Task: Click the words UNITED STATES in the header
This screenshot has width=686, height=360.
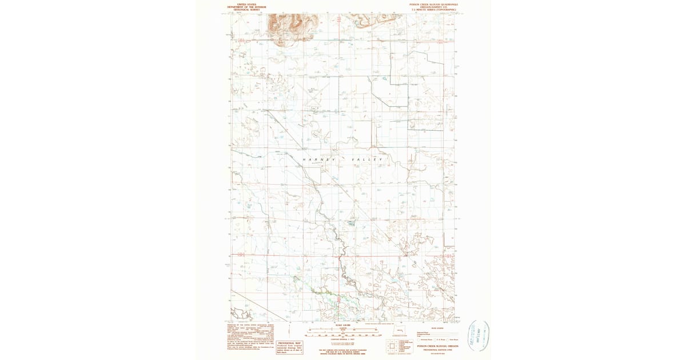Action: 247,4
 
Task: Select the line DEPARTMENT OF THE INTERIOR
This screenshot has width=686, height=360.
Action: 247,7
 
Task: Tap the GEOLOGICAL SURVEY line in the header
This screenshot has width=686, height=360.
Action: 247,10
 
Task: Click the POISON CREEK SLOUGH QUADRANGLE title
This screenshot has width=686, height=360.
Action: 434,4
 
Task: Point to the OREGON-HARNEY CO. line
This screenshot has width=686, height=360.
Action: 434,7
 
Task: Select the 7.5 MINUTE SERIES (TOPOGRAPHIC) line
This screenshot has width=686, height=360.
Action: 434,10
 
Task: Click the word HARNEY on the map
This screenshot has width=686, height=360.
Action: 319,159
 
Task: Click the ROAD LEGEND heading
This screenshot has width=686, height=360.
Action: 438,327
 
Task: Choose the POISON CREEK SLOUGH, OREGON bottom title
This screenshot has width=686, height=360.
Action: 438,346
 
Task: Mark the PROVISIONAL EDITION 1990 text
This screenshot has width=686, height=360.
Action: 438,350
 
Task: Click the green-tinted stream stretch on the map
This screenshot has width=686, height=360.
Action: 320,292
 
